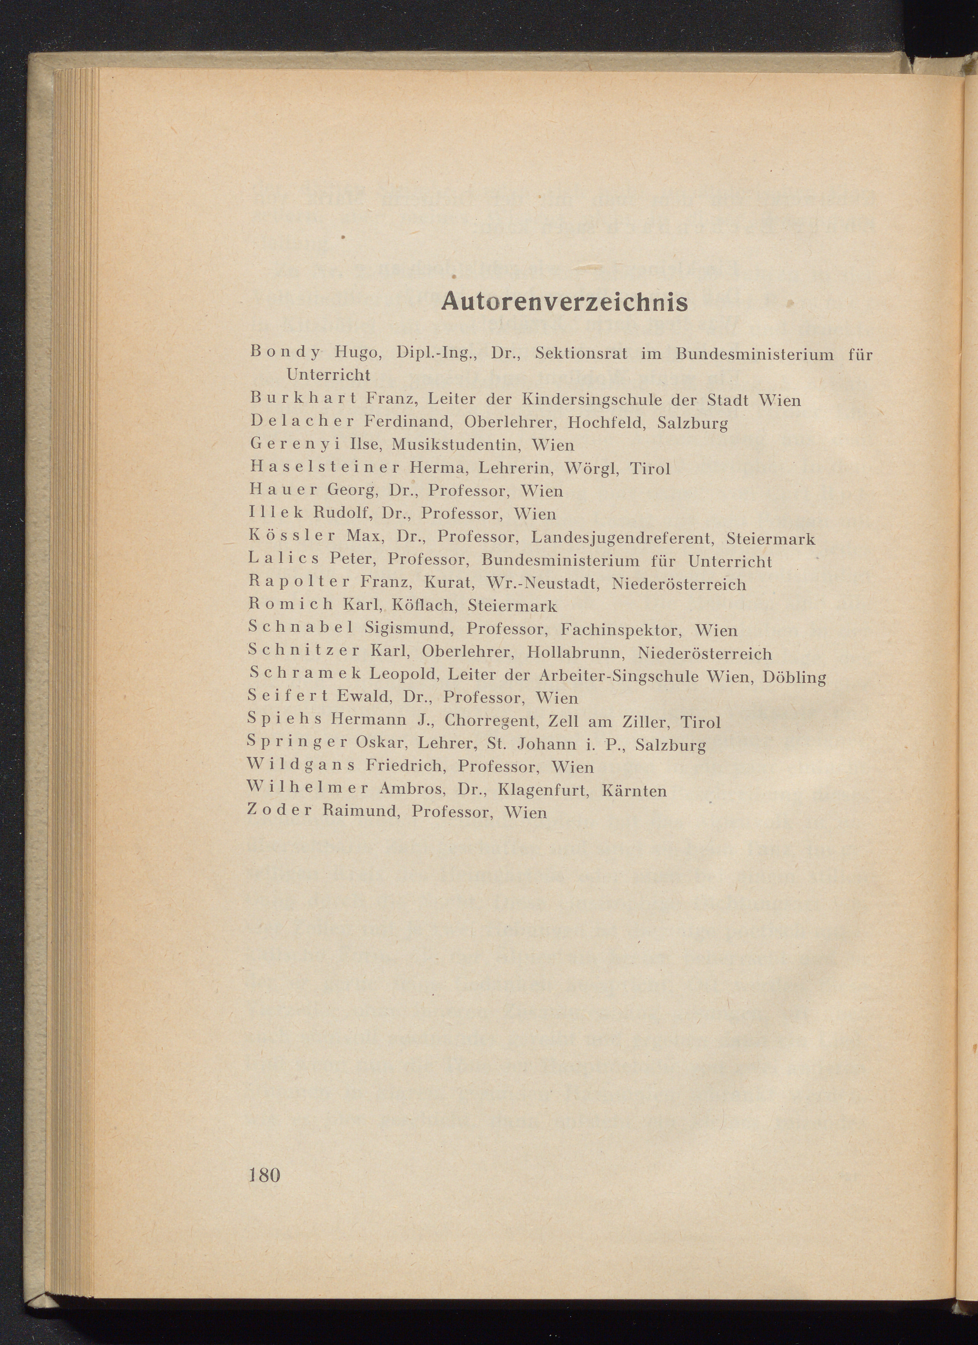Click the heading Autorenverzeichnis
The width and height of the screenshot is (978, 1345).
pos(564,302)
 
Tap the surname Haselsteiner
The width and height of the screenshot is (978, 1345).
pos(325,468)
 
